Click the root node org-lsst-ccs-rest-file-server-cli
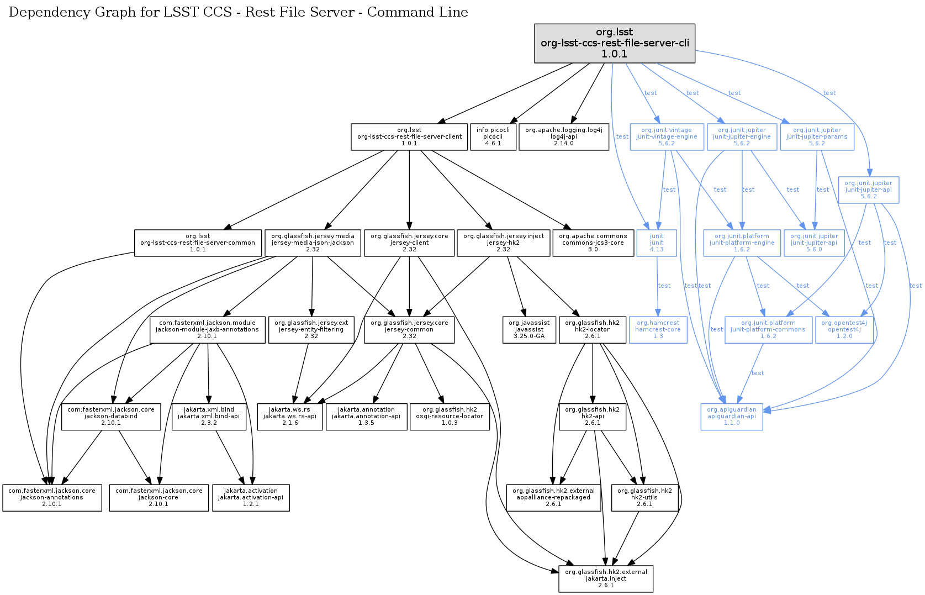615,43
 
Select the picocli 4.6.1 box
493,136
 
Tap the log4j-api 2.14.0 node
564,136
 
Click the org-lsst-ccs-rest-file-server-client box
409,136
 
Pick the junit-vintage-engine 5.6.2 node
667,136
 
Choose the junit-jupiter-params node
817,136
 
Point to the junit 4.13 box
657,243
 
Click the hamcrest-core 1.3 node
658,329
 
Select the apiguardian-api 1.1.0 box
732,416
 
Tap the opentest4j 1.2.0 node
844,329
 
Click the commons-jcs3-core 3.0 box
593,243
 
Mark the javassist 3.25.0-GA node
529,329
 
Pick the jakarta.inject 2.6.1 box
606,578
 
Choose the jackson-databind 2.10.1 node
111,416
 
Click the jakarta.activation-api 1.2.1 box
251,497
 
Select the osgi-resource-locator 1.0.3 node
450,416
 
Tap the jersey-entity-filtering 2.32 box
311,329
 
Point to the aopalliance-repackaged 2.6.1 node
553,497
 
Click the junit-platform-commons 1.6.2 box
768,329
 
